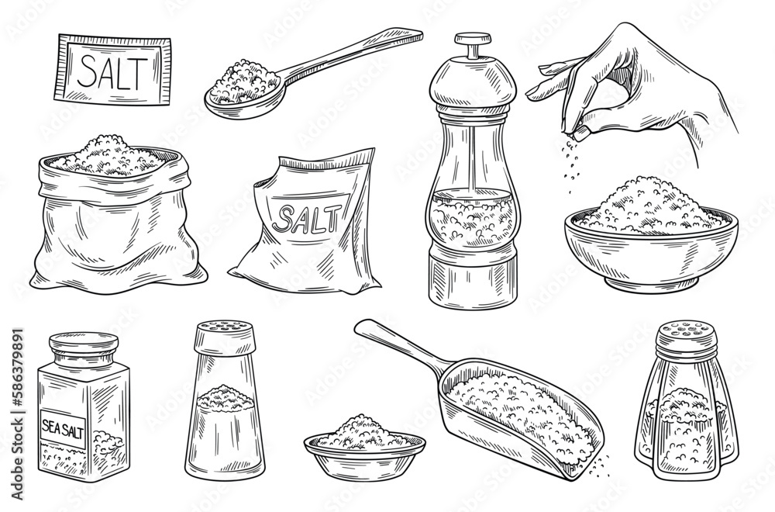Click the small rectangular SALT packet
tap(113, 71)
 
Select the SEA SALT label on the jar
tap(63, 428)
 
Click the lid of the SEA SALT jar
tap(84, 342)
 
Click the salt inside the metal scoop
tap(524, 417)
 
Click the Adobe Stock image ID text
tap(17, 413)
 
